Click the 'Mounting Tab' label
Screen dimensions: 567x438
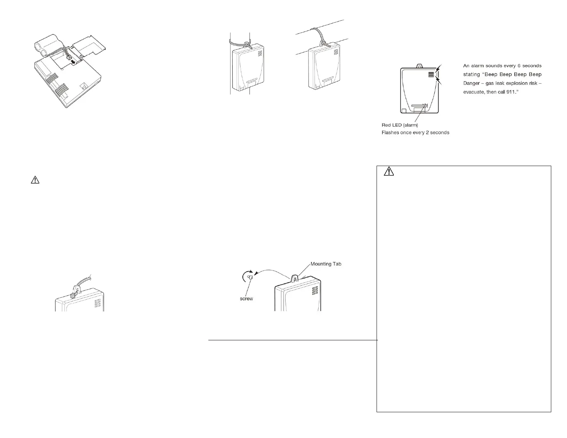pyautogui.click(x=326, y=264)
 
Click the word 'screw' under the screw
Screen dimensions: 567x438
pyautogui.click(x=246, y=298)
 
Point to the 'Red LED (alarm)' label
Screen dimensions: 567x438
pyautogui.click(x=400, y=125)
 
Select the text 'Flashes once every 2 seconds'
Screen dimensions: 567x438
pyautogui.click(x=415, y=132)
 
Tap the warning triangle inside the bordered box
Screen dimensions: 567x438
pyautogui.click(x=388, y=172)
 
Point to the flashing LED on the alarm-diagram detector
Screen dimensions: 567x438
pyautogui.click(x=425, y=106)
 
